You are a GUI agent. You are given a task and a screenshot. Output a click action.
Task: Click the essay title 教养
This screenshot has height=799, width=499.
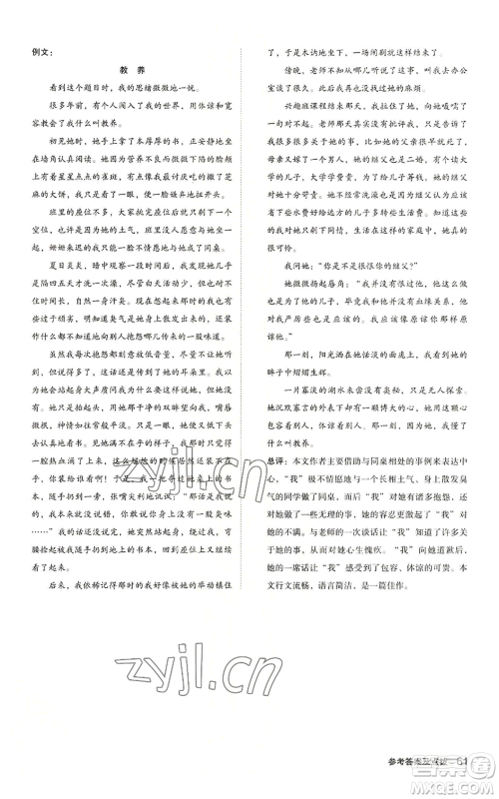point(133,71)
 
